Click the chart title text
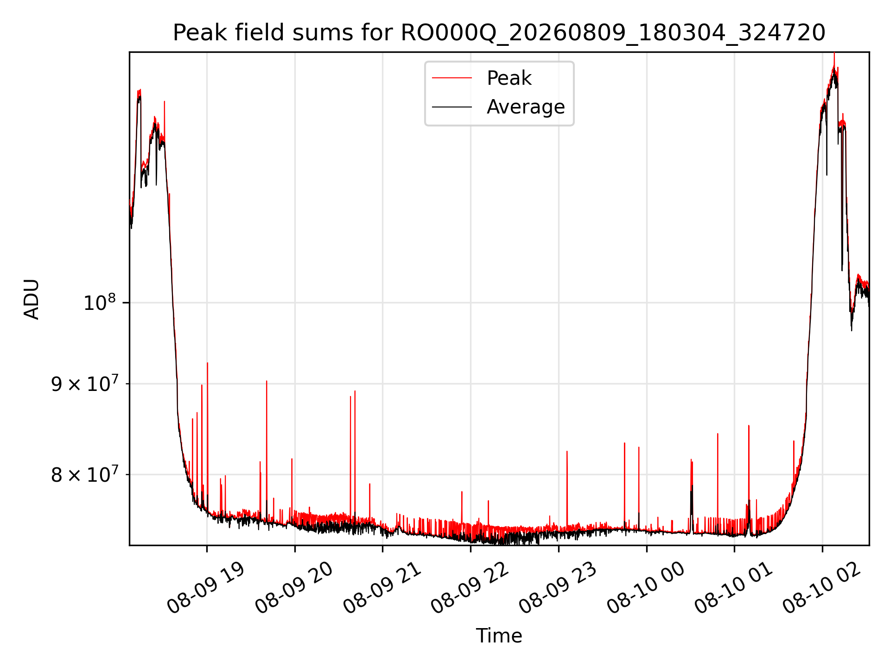[499, 33]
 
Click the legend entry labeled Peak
[509, 78]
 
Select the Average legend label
[526, 107]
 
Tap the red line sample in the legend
[452, 78]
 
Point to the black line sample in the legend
[452, 107]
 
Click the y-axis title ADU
[32, 299]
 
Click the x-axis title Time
[499, 636]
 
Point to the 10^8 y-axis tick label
[100, 303]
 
